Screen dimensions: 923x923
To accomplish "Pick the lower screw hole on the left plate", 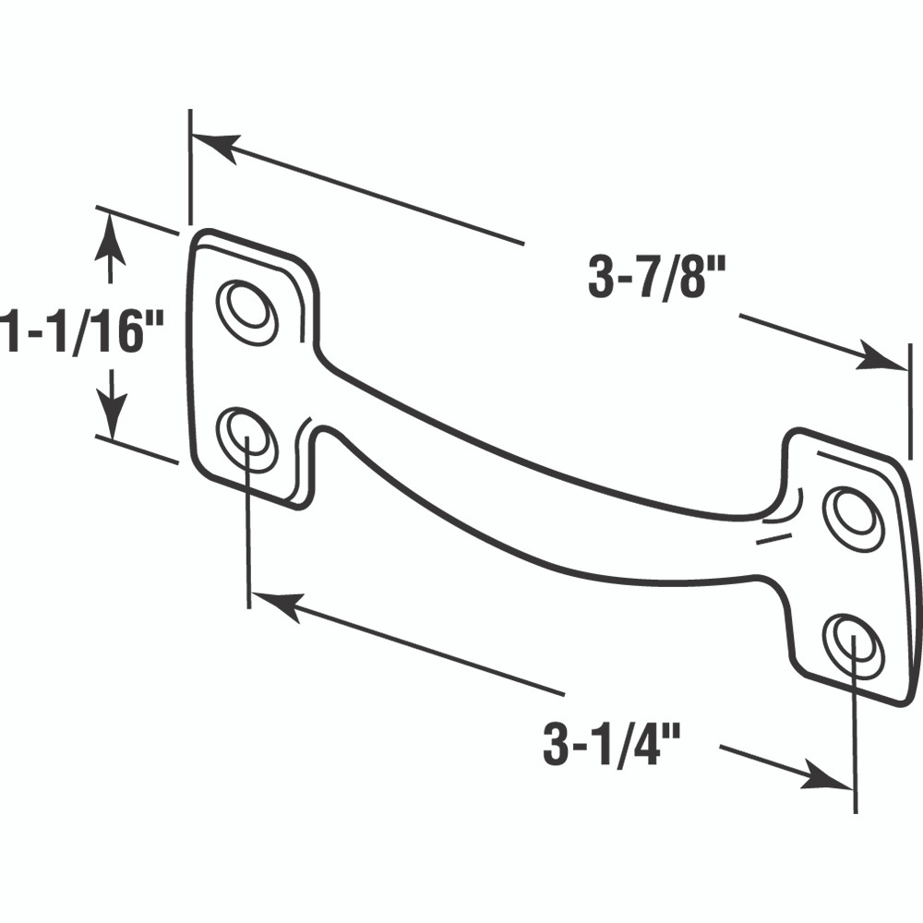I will pos(246,438).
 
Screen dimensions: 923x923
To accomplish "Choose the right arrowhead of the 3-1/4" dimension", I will pos(826,777).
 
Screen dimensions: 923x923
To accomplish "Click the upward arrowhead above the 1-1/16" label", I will pos(110,234).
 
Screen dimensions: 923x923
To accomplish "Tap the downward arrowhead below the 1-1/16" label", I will pos(110,415).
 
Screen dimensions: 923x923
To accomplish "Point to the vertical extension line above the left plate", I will pos(190,166).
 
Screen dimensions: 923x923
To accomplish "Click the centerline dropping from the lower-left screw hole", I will pos(248,535).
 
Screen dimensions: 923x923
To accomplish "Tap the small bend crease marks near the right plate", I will pos(781,521).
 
